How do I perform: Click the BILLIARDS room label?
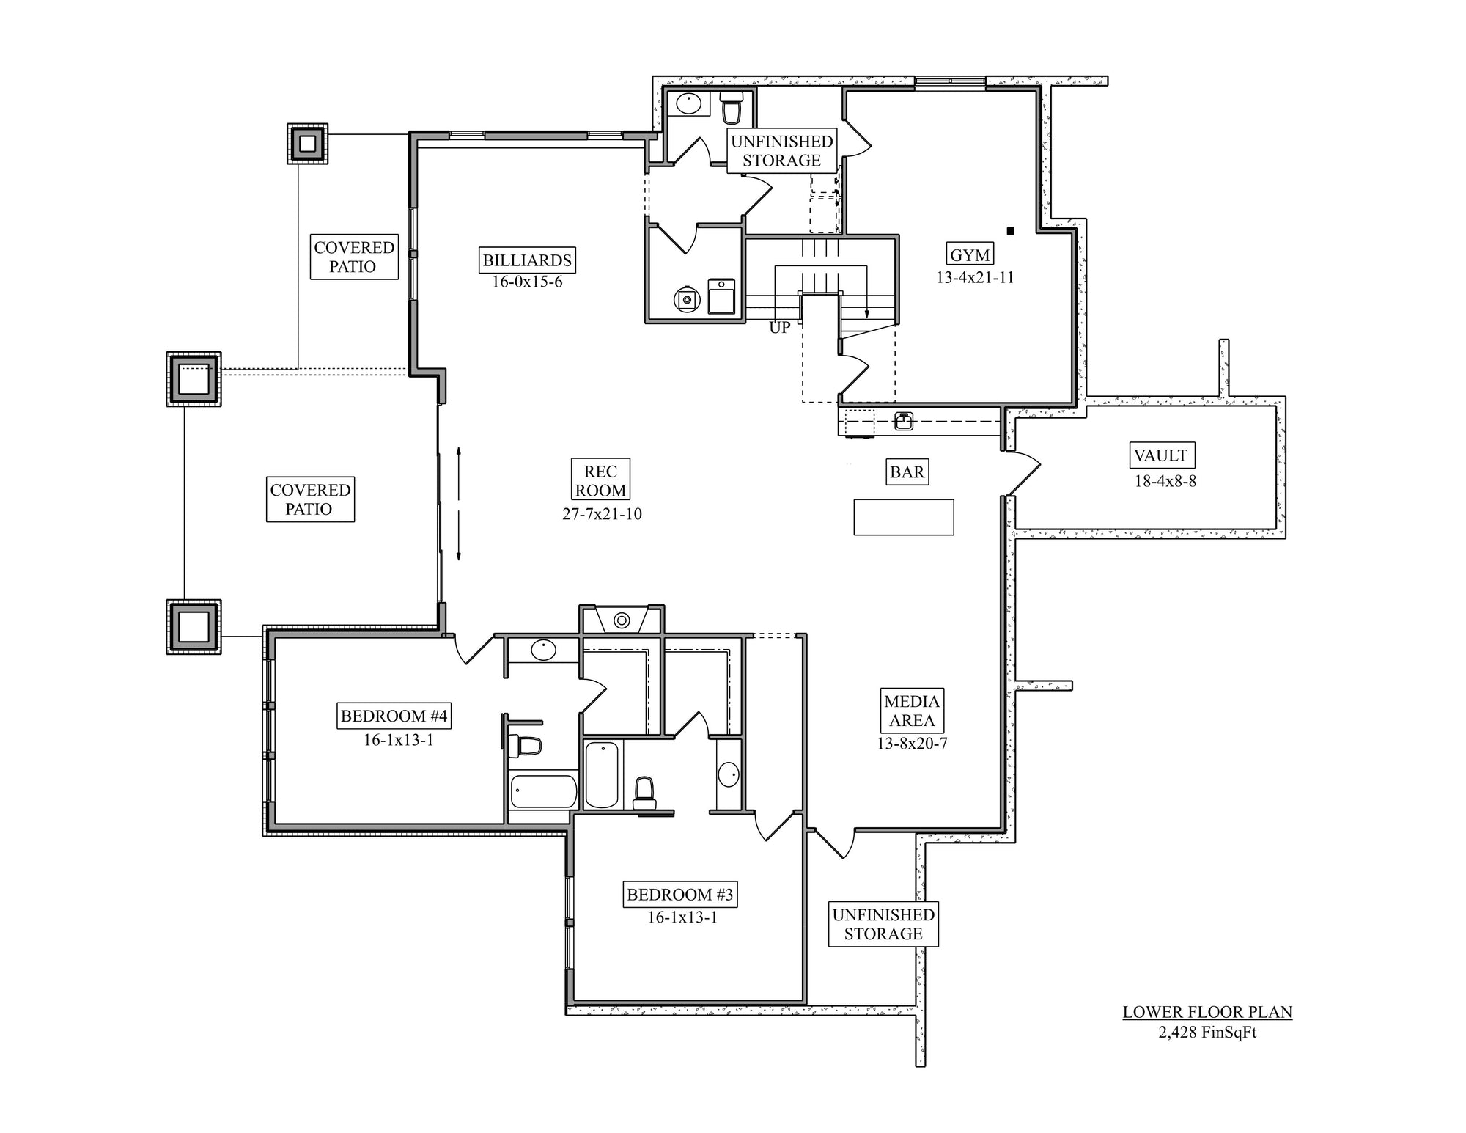pos(527,260)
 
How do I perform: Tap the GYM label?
pos(970,255)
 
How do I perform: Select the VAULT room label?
pos(1160,455)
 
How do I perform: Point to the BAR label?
pos(907,472)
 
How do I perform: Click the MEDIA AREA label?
pos(912,711)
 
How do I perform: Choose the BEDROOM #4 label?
pos(394,716)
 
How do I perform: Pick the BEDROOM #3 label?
pos(680,895)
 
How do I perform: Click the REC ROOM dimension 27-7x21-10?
pos(602,514)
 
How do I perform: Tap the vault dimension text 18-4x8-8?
pos(1165,481)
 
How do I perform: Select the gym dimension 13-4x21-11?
pos(975,277)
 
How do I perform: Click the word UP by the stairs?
pos(780,328)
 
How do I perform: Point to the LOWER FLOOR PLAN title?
pos(1207,1012)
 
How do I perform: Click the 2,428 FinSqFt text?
pos(1207,1033)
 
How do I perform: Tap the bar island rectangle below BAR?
pos(904,517)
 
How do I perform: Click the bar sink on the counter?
pos(904,421)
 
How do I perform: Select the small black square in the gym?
pos(1010,231)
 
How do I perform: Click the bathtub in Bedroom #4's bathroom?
pos(543,792)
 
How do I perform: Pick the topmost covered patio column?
pos(308,143)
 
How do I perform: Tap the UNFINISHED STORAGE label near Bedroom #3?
pos(883,924)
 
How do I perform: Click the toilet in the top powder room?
pos(732,108)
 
